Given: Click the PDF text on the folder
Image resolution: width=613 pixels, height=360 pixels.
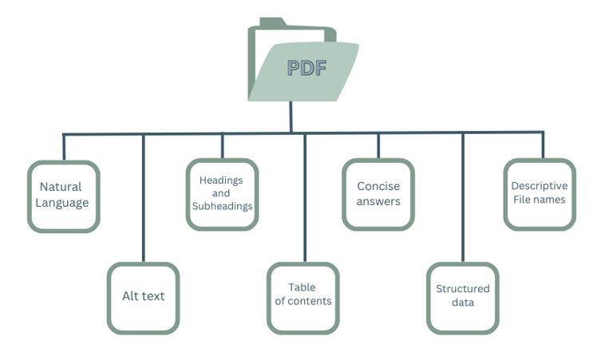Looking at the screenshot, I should (x=306, y=68).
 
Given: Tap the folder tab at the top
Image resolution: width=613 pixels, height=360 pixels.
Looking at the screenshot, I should (x=271, y=22).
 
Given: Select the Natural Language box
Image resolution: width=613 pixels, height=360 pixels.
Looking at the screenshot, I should (x=64, y=196).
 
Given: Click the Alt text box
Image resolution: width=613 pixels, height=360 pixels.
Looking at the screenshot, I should (x=143, y=297).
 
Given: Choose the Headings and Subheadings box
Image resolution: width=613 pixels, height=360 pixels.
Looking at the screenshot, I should (x=222, y=194).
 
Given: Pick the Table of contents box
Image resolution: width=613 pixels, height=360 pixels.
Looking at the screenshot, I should (x=303, y=297).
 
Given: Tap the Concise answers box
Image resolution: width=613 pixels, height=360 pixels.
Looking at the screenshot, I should (x=378, y=194).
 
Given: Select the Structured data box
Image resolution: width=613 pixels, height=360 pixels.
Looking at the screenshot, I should (x=463, y=297).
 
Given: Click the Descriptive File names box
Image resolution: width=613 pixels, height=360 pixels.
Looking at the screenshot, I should (x=540, y=194).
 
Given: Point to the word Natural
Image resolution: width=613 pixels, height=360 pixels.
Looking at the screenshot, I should (x=61, y=187).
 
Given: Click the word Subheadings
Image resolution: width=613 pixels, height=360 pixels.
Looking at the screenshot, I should (x=222, y=206).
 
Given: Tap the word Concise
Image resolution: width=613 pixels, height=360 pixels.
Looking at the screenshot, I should (x=378, y=186).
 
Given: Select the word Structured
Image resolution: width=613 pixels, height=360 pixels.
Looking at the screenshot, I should (x=463, y=289).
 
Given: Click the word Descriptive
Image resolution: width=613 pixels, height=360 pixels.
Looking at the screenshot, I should (x=540, y=186).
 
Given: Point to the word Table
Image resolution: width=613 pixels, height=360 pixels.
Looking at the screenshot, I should (x=303, y=287).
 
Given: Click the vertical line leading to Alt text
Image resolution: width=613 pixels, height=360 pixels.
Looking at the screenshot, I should (x=144, y=200).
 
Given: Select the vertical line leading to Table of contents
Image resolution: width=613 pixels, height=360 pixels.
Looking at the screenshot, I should (x=304, y=200).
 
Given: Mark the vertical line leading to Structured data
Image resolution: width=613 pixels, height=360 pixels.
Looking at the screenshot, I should (x=463, y=200).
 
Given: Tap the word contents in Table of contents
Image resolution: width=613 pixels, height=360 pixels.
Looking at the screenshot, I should (x=310, y=301).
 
